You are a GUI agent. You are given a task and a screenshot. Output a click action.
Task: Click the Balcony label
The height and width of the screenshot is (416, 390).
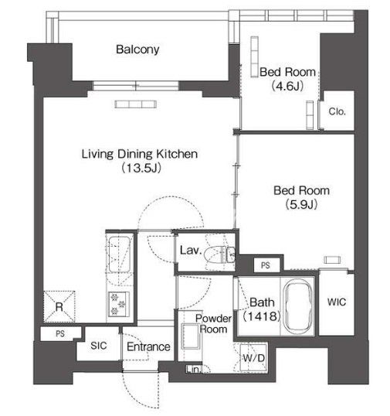coord(137,49)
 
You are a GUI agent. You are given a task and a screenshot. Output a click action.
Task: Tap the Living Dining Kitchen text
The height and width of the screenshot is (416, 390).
coord(140,154)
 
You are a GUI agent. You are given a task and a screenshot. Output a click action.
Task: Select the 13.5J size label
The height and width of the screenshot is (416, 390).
coord(141,168)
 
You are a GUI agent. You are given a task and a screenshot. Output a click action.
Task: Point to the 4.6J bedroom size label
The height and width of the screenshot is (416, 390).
coord(287,86)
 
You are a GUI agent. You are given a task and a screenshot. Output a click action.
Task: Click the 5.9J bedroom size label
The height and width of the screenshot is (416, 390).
coord(301,205)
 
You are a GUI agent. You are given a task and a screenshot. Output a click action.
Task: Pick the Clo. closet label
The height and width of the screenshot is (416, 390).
coord(337,111)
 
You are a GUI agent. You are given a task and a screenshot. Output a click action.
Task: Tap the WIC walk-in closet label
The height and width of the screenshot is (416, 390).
coord(337,302)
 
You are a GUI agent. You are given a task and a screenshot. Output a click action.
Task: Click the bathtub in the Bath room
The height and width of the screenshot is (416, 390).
coord(297,306)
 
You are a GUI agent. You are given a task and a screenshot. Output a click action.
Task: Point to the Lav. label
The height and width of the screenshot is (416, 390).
coord(191,250)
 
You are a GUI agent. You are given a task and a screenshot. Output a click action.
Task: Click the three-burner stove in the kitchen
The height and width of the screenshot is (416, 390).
coord(119,304)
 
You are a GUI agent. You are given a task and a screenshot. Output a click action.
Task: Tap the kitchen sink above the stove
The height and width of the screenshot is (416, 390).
coord(118,254)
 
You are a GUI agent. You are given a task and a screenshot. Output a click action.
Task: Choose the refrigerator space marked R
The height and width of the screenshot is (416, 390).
coord(59,307)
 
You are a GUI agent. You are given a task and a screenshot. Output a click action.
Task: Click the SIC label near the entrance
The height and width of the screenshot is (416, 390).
coord(99,346)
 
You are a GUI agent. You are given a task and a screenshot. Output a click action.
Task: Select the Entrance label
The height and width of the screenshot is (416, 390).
coord(148,346)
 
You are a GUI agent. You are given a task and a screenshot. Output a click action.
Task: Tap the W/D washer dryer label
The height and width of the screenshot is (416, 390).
coord(253,358)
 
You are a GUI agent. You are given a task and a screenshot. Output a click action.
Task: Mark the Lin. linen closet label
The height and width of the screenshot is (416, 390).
coord(193,370)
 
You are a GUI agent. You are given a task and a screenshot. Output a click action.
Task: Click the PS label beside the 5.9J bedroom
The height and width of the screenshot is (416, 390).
coord(266,265)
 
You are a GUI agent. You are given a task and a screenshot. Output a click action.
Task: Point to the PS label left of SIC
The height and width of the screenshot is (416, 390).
coord(60,333)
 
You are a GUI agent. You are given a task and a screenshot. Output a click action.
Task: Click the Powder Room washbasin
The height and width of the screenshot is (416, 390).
coord(190,336)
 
